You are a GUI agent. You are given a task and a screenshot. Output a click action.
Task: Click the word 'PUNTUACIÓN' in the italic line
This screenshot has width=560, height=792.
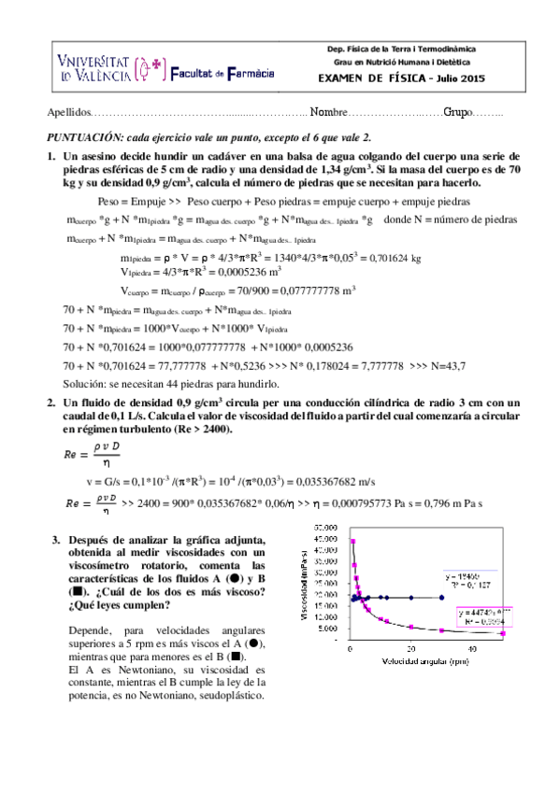point(79,135)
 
